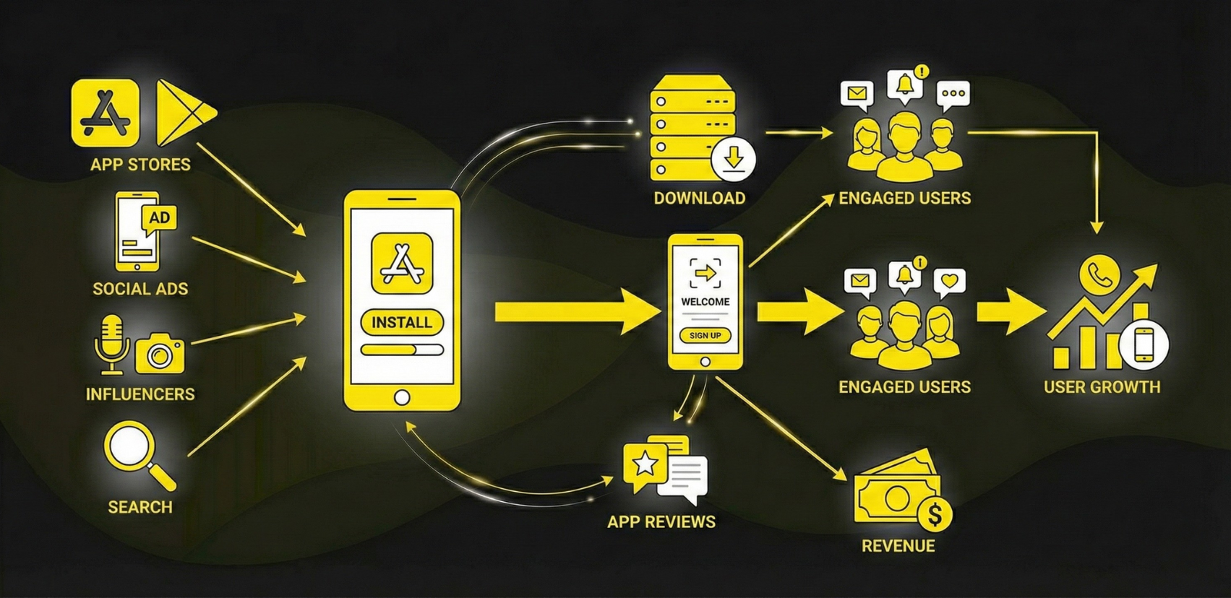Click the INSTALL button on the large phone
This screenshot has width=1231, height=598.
tap(402, 322)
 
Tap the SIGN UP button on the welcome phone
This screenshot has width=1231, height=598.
tap(705, 335)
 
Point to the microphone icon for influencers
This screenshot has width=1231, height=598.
tap(111, 342)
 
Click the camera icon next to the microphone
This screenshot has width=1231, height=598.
tap(160, 353)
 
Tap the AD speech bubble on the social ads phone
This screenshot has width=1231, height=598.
tap(160, 218)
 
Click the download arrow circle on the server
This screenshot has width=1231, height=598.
tap(734, 158)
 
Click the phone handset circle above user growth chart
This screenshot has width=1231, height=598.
tap(1099, 274)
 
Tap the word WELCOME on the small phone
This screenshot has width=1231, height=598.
tap(705, 302)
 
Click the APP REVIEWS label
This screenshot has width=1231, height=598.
tap(661, 521)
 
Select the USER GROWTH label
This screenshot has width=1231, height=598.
tap(1102, 387)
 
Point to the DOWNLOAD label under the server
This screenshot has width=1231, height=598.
tap(699, 198)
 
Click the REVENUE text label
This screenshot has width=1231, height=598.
tap(898, 546)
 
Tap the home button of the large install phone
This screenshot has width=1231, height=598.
tap(402, 397)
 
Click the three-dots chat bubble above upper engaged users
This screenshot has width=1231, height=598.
tap(953, 94)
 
